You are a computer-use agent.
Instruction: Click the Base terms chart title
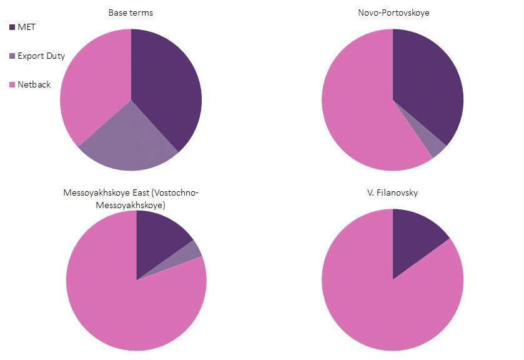[x=131, y=12]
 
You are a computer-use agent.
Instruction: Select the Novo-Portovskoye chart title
[x=392, y=12]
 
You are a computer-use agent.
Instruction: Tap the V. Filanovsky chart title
[x=392, y=192]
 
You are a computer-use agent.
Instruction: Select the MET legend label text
[x=26, y=27]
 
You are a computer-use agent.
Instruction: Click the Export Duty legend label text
[x=41, y=56]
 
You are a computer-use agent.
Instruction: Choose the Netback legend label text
[x=34, y=84]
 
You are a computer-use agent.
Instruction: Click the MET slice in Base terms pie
[x=166, y=87]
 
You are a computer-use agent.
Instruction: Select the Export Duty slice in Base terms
[x=128, y=141]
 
